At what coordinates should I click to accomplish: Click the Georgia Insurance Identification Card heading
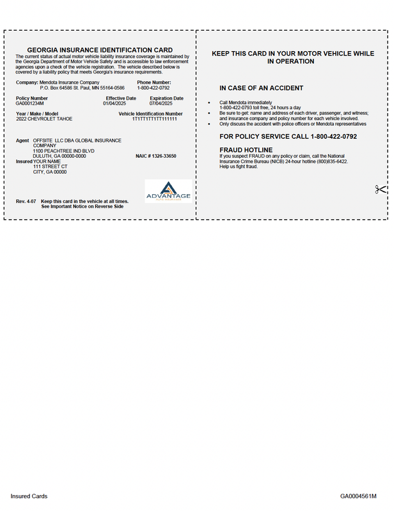point(100,50)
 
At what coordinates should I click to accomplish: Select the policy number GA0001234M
point(30,103)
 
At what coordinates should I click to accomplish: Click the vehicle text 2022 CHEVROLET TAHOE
point(44,119)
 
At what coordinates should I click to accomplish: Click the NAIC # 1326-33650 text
point(155,156)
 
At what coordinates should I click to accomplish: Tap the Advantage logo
point(168,191)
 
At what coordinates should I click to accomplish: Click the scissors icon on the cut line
point(381,189)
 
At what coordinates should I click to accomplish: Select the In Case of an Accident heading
point(261,88)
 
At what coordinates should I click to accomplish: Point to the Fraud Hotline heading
point(246,150)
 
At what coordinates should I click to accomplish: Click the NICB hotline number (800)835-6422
point(335,162)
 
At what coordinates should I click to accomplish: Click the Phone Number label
point(154,82)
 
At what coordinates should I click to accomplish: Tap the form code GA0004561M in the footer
point(363,496)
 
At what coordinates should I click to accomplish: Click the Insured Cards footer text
point(29,496)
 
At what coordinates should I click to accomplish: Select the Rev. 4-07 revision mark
point(26,201)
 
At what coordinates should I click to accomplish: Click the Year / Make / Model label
point(37,114)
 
